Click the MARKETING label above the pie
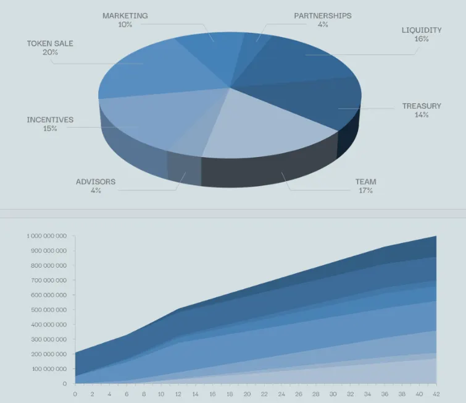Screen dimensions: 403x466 pos(125,15)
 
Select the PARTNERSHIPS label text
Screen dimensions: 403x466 pos(322,15)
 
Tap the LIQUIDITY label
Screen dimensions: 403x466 pos(422,30)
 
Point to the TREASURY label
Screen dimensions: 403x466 pos(422,106)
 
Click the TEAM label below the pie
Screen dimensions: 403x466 pos(365,182)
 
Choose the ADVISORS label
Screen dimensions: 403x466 pos(96,182)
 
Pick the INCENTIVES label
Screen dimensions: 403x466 pos(50,119)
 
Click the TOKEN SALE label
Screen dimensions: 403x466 pos(50,43)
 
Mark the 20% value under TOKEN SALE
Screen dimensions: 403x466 pos(50,53)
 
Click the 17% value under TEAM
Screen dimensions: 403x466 pos(365,191)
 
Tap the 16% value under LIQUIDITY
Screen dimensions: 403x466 pos(422,39)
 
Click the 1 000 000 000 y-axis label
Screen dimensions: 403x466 pos(46,236)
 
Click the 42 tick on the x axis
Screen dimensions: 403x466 pos(436,393)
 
